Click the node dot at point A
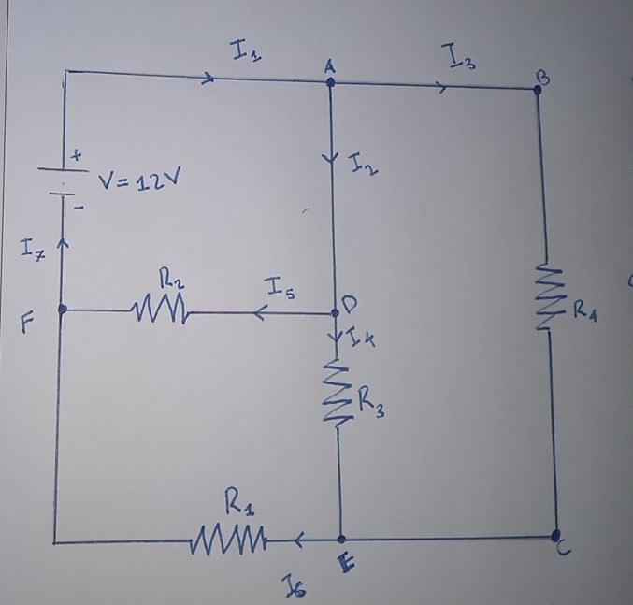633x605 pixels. coord(331,82)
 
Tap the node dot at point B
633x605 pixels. coord(537,90)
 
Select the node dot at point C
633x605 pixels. coord(555,537)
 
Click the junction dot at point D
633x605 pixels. coord(338,313)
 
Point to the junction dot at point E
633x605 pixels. coord(341,540)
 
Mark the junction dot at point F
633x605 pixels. coord(63,308)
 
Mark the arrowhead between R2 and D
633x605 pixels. coord(258,313)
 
